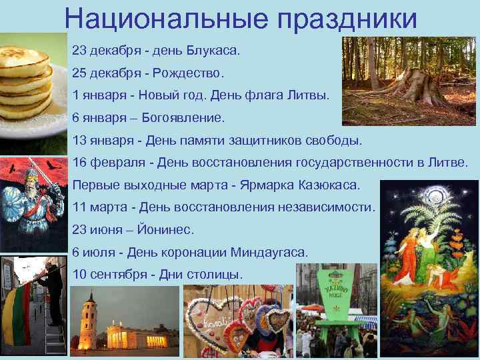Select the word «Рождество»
[x=195, y=71]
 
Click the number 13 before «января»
[x=79, y=140]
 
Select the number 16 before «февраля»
[x=79, y=162]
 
